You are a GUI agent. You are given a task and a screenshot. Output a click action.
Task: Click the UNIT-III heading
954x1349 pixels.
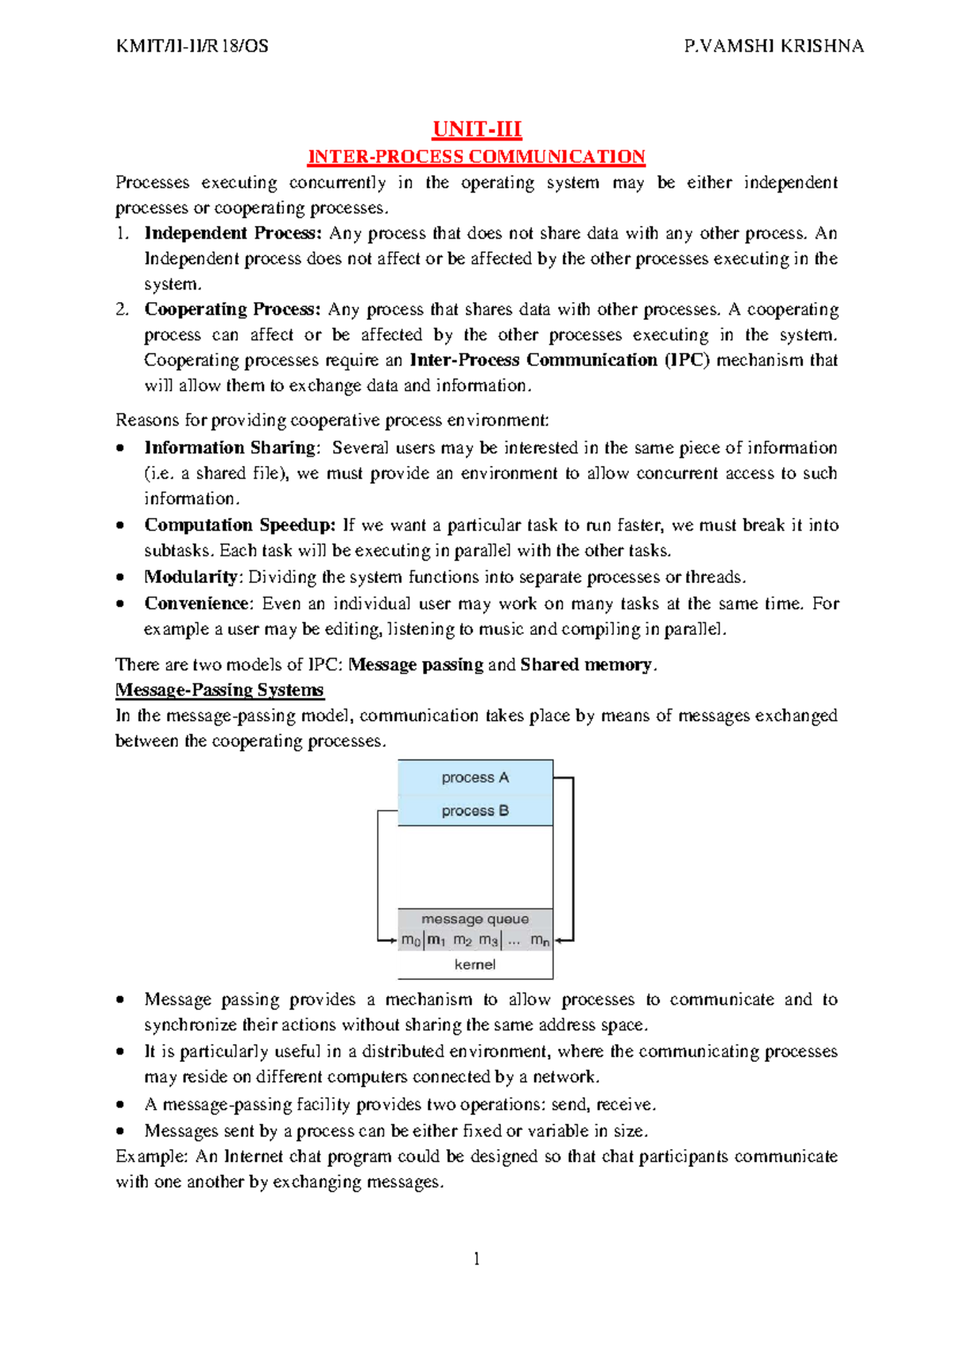coord(476,129)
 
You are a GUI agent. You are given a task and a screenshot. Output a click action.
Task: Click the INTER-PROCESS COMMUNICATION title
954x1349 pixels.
coord(476,156)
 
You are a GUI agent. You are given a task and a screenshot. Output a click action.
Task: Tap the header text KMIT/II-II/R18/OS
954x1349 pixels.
coord(192,46)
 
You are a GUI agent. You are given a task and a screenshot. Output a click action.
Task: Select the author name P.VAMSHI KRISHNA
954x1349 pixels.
coord(774,46)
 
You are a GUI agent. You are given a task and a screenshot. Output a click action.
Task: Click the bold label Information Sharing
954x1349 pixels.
coord(230,448)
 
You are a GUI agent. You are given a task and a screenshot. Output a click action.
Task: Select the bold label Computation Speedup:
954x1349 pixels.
coord(240,525)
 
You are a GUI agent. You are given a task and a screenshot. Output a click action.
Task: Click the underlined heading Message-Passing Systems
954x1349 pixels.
coord(219,690)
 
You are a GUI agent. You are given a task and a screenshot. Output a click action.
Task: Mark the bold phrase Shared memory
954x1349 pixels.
coord(586,664)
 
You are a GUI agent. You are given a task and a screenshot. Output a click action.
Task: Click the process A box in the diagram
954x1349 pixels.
coord(475,778)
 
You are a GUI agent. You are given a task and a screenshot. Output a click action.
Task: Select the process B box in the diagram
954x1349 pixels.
coord(475,811)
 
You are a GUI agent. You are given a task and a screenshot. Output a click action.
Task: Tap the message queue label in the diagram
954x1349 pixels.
coord(475,919)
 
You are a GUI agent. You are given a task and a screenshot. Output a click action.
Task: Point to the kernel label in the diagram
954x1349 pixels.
coord(475,964)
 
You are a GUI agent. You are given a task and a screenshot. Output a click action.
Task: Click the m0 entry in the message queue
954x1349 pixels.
coord(410,940)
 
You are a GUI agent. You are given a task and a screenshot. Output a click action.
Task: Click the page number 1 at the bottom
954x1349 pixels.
coord(476,1258)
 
